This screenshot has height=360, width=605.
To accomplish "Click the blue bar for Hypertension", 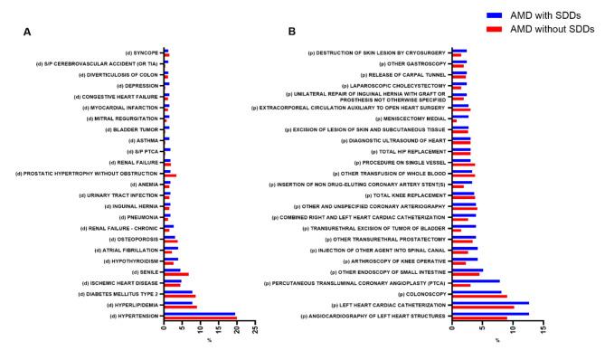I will pos(199,314).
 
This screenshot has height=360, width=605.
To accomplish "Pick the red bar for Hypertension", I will pos(199,317).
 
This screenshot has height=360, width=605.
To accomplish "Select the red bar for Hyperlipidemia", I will pos(180,308).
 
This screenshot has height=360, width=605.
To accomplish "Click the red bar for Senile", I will pos(176,273).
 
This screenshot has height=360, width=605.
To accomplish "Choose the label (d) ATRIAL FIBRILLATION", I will pos(126,250).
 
